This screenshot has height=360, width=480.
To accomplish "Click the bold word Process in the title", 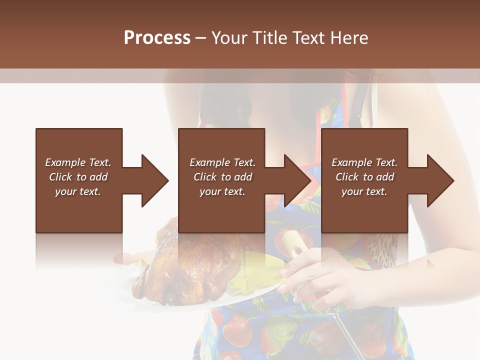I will pyautogui.click(x=157, y=37).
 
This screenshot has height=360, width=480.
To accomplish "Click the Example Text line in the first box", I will pyautogui.click(x=78, y=162).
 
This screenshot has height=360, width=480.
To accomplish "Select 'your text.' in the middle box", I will pyautogui.click(x=222, y=191).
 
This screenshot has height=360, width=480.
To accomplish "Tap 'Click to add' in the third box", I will pyautogui.click(x=364, y=177).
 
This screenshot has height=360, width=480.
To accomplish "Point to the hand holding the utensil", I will pyautogui.click(x=320, y=275).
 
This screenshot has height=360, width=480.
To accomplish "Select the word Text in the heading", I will pyautogui.click(x=310, y=37).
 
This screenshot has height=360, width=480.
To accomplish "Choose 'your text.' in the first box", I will pyautogui.click(x=78, y=191).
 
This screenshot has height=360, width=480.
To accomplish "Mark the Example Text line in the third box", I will pyautogui.click(x=364, y=162).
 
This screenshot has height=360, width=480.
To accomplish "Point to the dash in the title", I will pyautogui.click(x=200, y=38).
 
